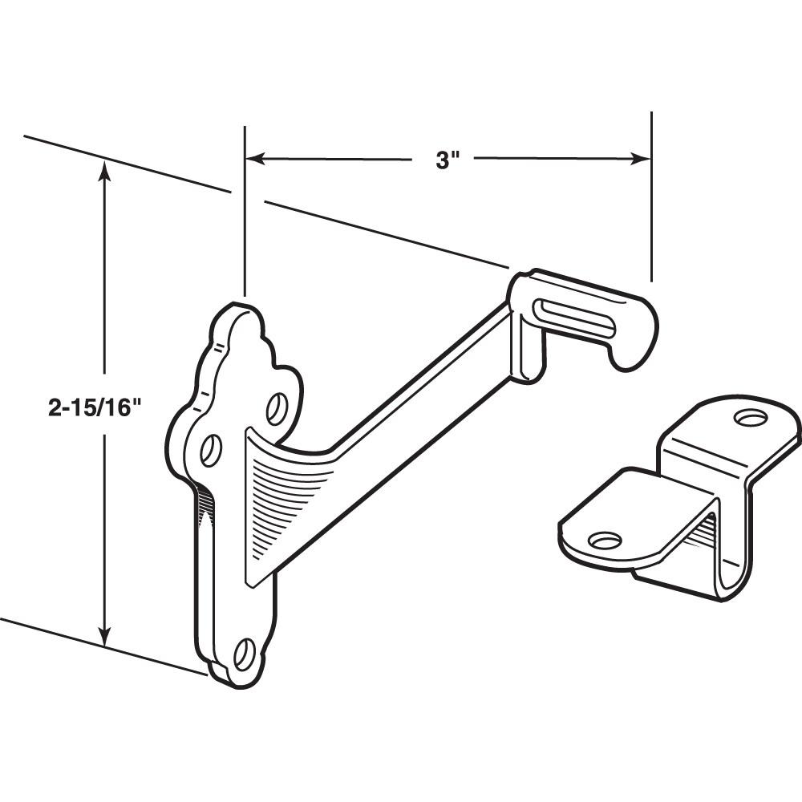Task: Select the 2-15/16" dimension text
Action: tap(95, 407)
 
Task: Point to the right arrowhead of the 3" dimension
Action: tap(642, 159)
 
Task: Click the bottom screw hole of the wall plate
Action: tap(244, 654)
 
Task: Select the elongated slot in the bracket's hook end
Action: tap(574, 314)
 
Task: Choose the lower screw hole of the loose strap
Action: tap(606, 540)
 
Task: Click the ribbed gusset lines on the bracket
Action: tap(289, 497)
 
